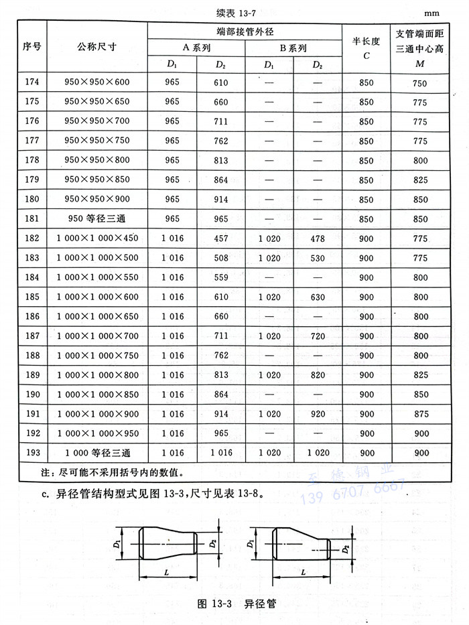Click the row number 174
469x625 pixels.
pyautogui.click(x=32, y=82)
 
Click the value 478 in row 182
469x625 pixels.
pyautogui.click(x=318, y=238)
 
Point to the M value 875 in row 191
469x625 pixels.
pyautogui.click(x=420, y=414)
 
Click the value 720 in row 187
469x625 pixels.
pyautogui.click(x=318, y=336)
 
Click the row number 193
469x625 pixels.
pyautogui.click(x=32, y=453)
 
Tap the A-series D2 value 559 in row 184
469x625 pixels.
pyautogui.click(x=220, y=277)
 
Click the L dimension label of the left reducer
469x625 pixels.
pyautogui.click(x=165, y=571)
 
